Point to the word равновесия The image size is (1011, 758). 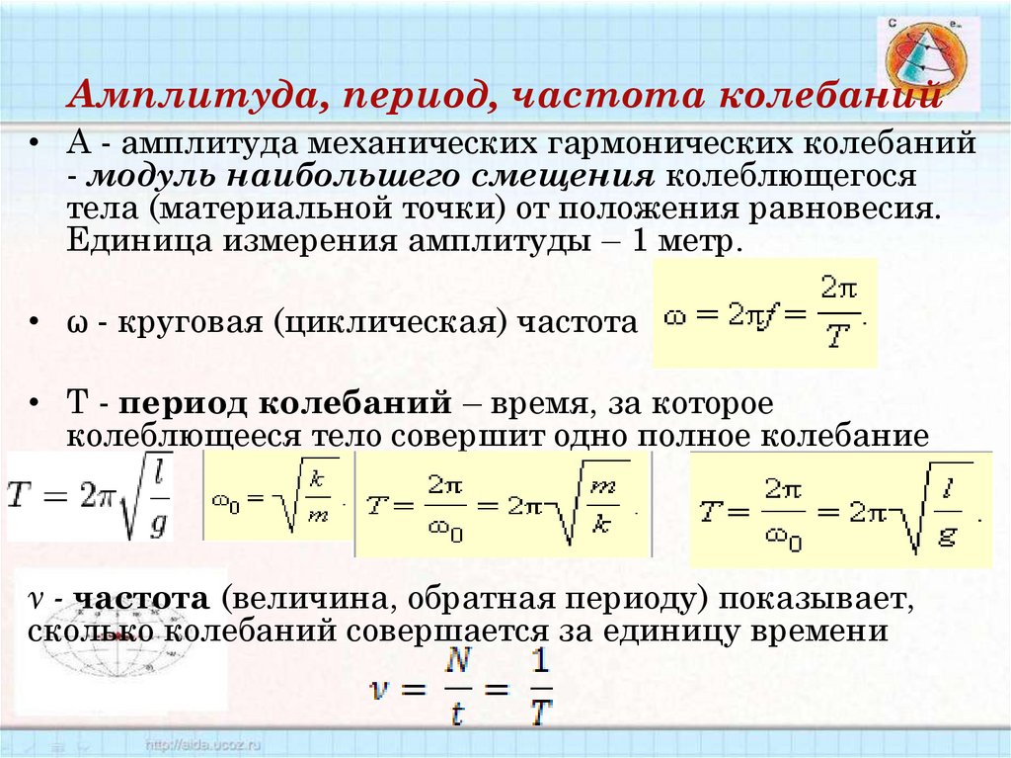point(841,210)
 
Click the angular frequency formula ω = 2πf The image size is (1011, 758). point(764,313)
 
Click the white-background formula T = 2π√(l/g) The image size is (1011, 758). point(90,497)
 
